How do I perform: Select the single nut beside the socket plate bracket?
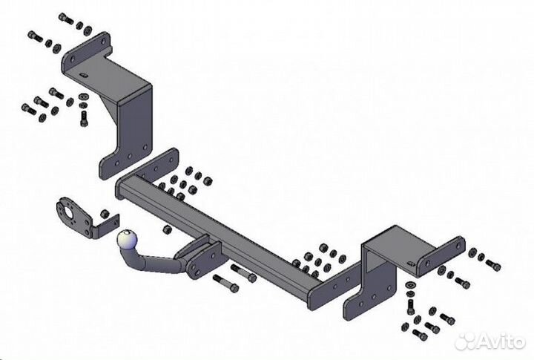(105, 214)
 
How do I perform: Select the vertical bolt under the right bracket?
(410, 306)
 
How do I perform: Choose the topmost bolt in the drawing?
(62, 17)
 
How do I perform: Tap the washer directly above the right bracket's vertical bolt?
(410, 287)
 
